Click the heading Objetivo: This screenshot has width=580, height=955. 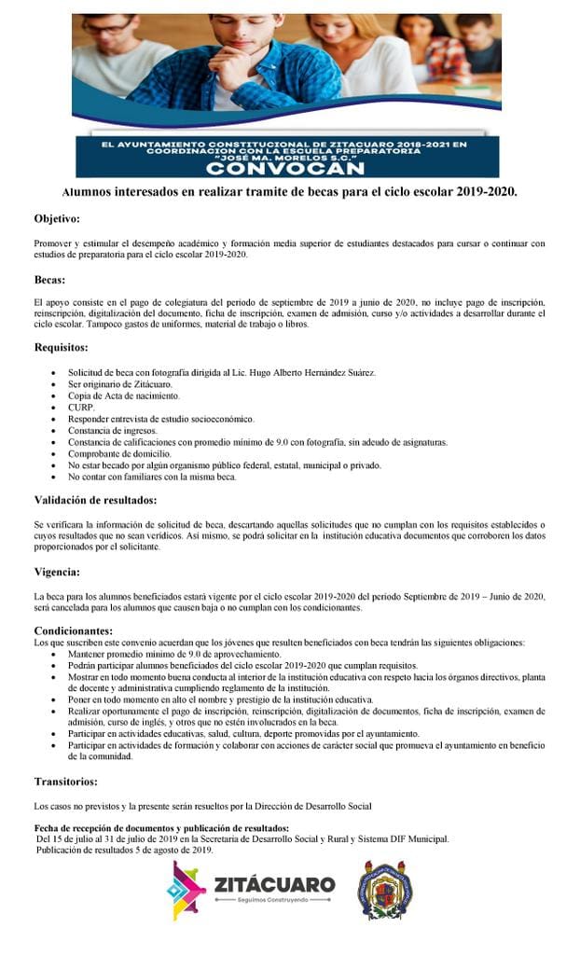[x=57, y=219]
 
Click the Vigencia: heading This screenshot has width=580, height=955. [x=56, y=571]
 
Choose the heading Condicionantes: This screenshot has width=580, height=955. [x=74, y=630]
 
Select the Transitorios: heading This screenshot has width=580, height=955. [x=65, y=781]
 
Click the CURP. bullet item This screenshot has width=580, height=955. [x=81, y=408]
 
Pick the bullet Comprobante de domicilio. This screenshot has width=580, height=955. [x=118, y=453]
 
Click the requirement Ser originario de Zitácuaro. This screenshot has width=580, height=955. [x=119, y=384]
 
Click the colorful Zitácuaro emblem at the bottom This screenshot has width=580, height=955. [x=186, y=891]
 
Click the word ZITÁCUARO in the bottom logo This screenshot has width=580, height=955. [x=274, y=883]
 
